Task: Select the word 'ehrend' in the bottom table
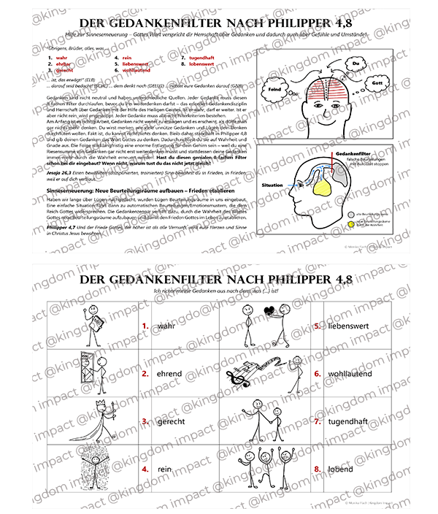point(169,373)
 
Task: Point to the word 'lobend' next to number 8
point(342,468)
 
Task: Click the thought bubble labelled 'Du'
point(356,64)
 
